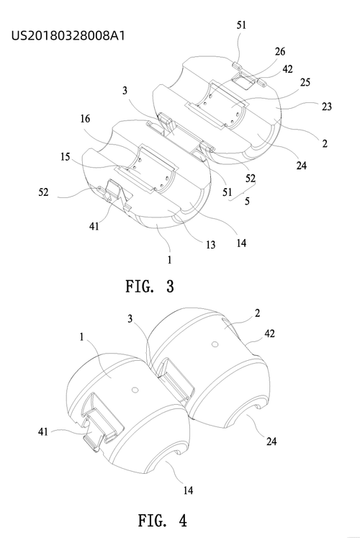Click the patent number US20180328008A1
(x=68, y=35)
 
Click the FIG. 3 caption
(x=150, y=286)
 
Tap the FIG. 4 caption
(x=163, y=520)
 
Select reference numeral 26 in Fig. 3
(x=280, y=51)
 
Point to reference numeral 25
(x=305, y=82)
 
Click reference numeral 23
(x=326, y=107)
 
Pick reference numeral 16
(x=85, y=119)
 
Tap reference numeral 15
(x=65, y=157)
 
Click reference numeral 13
(x=210, y=245)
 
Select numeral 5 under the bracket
(x=247, y=201)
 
